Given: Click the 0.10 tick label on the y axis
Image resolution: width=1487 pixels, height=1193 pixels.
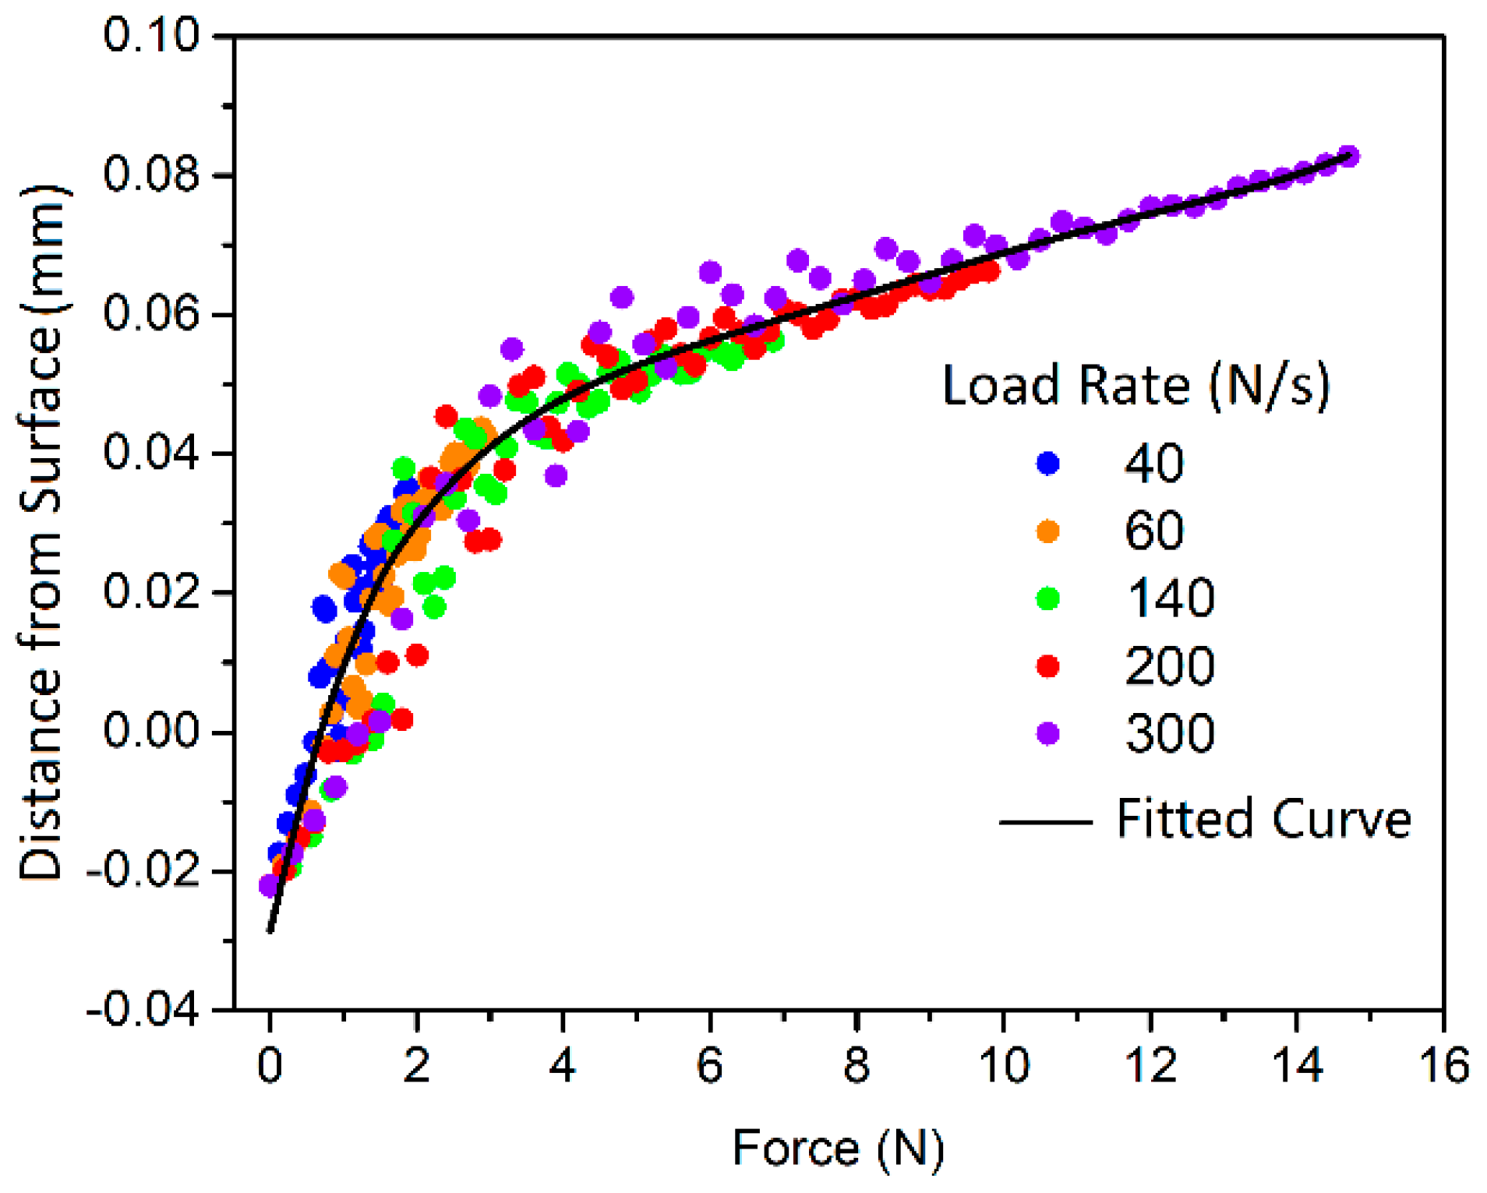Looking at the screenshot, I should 150,36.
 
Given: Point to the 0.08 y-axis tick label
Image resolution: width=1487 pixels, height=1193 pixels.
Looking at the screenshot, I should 150,175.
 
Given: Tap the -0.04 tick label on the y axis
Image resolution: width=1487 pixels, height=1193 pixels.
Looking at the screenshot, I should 142,1011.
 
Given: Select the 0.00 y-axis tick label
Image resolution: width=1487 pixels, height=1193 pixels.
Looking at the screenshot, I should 150,732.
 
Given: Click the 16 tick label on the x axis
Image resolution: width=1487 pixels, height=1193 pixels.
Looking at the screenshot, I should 1443,1064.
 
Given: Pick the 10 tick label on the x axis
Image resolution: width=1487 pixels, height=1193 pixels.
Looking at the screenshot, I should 1003,1064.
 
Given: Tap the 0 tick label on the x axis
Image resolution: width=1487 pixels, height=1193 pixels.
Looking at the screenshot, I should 270,1064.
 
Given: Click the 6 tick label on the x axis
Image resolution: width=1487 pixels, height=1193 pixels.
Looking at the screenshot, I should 709,1064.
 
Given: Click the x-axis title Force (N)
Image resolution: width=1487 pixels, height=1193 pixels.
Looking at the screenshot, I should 838,1149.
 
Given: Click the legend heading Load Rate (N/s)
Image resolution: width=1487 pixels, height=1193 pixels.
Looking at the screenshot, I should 1136,386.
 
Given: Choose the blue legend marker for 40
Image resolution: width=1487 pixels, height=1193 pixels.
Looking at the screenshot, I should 1047,463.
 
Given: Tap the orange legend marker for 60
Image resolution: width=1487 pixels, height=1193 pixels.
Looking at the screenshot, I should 1047,531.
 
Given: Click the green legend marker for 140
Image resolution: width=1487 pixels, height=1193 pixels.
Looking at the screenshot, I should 1047,598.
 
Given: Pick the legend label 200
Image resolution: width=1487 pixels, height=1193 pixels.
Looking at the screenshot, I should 1169,665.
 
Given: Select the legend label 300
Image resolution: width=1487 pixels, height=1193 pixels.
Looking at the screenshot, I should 1169,733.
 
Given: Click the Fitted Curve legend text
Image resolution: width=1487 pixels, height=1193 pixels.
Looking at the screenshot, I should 1263,819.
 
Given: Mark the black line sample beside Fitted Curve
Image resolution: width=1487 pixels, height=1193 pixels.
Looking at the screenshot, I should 1044,821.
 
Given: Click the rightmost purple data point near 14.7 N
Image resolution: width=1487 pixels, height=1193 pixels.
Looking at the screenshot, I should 1349,156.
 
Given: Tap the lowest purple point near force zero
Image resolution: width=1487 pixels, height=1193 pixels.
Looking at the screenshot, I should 269,885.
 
